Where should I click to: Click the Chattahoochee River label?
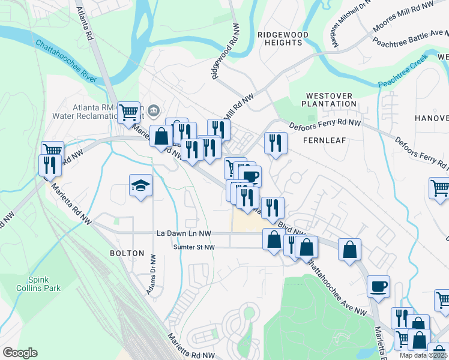65,62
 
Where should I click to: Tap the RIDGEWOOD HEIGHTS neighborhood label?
283,39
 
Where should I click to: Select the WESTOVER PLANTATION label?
330,100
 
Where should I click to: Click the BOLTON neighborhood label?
127,253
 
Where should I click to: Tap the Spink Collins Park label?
44,284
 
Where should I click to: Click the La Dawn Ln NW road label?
184,233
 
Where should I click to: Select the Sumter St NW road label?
185,247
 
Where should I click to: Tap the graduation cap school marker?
140,186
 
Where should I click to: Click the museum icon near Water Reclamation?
154,110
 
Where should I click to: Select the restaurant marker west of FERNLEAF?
276,143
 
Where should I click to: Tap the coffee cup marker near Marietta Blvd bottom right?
378,286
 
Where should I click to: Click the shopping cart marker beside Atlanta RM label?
128,112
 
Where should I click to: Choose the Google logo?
20,353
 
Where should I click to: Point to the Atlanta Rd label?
85,24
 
